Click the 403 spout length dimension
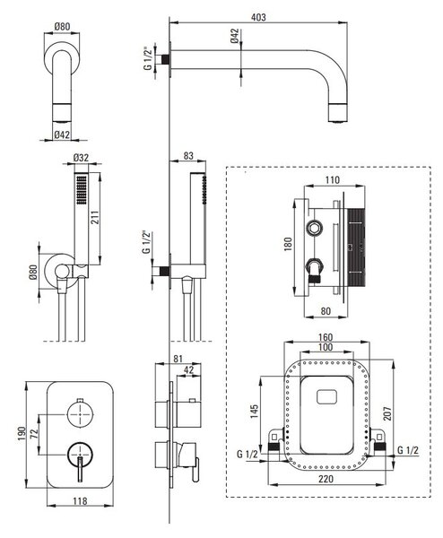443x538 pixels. pyautogui.click(x=258, y=17)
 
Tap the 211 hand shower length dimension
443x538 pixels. pyautogui.click(x=95, y=217)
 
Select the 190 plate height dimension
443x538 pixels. pyautogui.click(x=22, y=434)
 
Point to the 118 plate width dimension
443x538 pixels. pyautogui.click(x=80, y=501)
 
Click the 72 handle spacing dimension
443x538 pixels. pyautogui.click(x=34, y=435)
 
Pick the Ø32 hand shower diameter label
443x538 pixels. pyautogui.click(x=81, y=158)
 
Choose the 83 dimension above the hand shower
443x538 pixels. pyautogui.click(x=188, y=155)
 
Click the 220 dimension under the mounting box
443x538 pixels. pyautogui.click(x=326, y=479)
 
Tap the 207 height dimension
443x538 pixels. pyautogui.click(x=387, y=413)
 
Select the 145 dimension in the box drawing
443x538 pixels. pyautogui.click(x=255, y=411)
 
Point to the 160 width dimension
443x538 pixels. pyautogui.click(x=325, y=337)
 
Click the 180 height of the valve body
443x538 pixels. pyautogui.click(x=288, y=243)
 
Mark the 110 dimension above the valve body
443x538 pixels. pyautogui.click(x=332, y=180)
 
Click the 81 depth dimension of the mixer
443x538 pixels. pyautogui.click(x=178, y=359)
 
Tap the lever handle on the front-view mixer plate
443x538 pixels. pyautogui.click(x=80, y=469)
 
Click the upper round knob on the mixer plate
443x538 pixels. pyautogui.click(x=80, y=413)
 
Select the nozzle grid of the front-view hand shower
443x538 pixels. pyautogui.click(x=82, y=190)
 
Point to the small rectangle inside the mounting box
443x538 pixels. pyautogui.click(x=326, y=396)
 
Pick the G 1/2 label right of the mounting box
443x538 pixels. pyautogui.click(x=408, y=450)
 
